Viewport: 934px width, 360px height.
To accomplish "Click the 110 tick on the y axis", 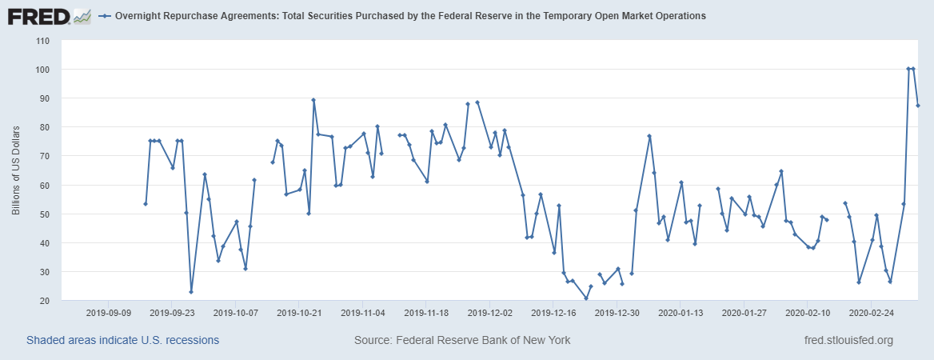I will [42, 41].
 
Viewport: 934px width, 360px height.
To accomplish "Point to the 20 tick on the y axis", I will [45, 301].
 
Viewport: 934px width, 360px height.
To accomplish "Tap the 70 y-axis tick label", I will [45, 156].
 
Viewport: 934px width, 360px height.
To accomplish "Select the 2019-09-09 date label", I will [108, 313].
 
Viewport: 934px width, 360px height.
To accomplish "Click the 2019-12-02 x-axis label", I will [489, 313].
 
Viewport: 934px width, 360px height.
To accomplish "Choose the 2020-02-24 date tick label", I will [871, 313].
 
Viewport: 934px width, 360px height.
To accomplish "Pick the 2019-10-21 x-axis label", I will [298, 313].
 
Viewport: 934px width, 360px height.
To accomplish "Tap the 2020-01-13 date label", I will [680, 313].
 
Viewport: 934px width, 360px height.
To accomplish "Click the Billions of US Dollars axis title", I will [16, 170].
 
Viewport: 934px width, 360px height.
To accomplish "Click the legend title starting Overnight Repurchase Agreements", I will [410, 16].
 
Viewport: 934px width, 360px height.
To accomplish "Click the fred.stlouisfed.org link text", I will [848, 341].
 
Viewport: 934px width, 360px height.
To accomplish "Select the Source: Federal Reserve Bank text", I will [462, 341].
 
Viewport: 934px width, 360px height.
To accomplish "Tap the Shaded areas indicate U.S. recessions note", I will [123, 341].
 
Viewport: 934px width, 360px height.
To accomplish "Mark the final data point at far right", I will [918, 106].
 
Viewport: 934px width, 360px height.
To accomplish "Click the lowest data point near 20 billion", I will [586, 298].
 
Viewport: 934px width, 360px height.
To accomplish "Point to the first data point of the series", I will [146, 204].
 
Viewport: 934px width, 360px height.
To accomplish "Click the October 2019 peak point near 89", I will [313, 100].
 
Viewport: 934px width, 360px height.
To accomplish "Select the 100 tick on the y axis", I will [42, 70].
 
